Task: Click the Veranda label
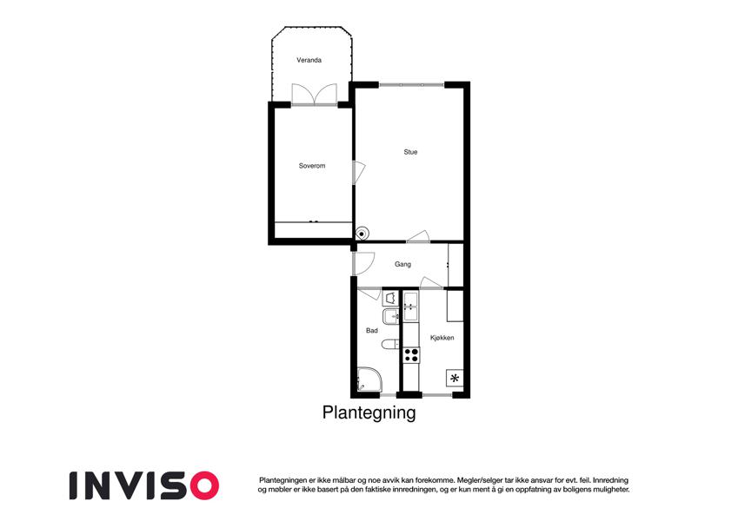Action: point(309,60)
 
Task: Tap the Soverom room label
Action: point(311,166)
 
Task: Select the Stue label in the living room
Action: point(410,152)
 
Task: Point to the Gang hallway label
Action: point(402,264)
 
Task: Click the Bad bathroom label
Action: point(372,331)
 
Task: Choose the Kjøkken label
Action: point(442,338)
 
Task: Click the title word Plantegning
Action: point(369,412)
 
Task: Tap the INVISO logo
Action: point(144,485)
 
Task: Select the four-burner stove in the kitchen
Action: point(411,354)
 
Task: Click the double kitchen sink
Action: point(410,307)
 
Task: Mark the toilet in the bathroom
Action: point(390,344)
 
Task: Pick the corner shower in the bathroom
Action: point(369,379)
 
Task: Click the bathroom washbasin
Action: point(390,318)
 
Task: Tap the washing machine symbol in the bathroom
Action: point(390,299)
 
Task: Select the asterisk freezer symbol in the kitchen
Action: point(455,378)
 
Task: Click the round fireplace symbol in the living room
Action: point(362,233)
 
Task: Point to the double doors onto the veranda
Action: point(315,95)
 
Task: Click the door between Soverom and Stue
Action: point(358,173)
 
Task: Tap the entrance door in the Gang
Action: point(362,264)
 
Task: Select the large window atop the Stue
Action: point(412,85)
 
